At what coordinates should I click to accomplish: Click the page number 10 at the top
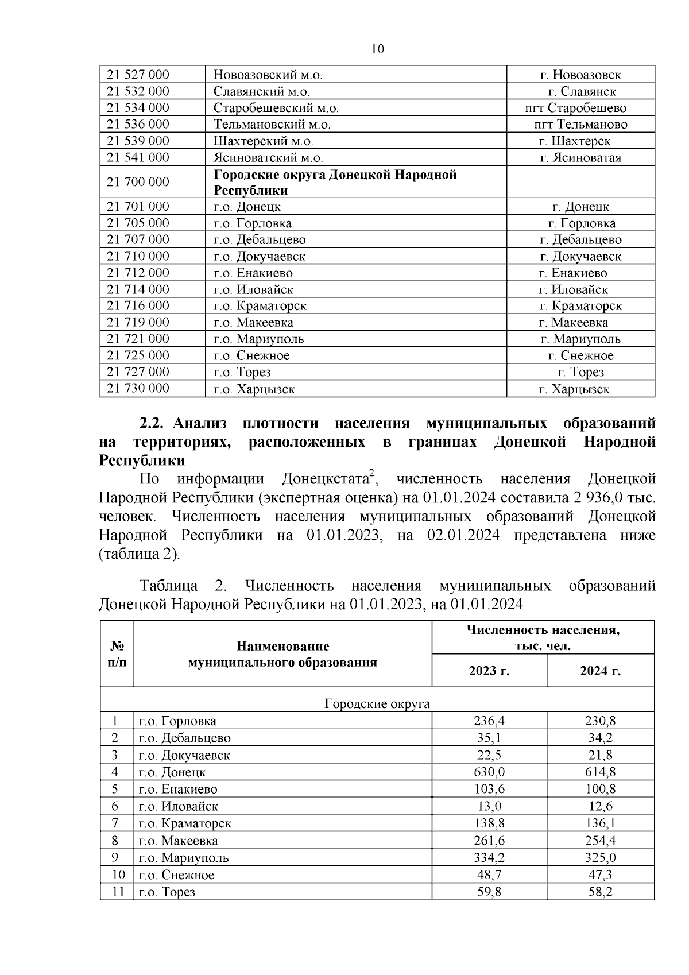(x=378, y=49)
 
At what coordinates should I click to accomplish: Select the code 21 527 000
(x=138, y=75)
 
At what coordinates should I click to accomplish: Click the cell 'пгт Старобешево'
(x=580, y=108)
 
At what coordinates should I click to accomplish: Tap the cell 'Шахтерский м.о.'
(x=263, y=141)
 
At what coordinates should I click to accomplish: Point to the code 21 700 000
(x=138, y=182)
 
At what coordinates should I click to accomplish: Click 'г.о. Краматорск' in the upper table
(x=260, y=306)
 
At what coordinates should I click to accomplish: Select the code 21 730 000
(x=138, y=389)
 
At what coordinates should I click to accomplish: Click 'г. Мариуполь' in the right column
(x=580, y=339)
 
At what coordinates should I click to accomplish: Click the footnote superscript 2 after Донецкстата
(x=371, y=473)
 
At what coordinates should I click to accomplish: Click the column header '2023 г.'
(x=489, y=671)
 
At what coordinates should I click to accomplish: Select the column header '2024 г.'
(x=600, y=671)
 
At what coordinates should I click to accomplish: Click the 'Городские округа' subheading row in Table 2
(x=377, y=704)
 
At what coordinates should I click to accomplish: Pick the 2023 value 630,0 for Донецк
(x=489, y=772)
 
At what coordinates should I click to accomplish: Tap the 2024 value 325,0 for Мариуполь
(x=600, y=858)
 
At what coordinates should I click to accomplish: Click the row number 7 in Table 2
(x=115, y=823)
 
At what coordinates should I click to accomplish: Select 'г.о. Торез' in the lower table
(x=167, y=892)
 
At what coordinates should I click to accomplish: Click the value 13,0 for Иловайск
(x=489, y=806)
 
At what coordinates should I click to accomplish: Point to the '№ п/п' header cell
(x=117, y=654)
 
